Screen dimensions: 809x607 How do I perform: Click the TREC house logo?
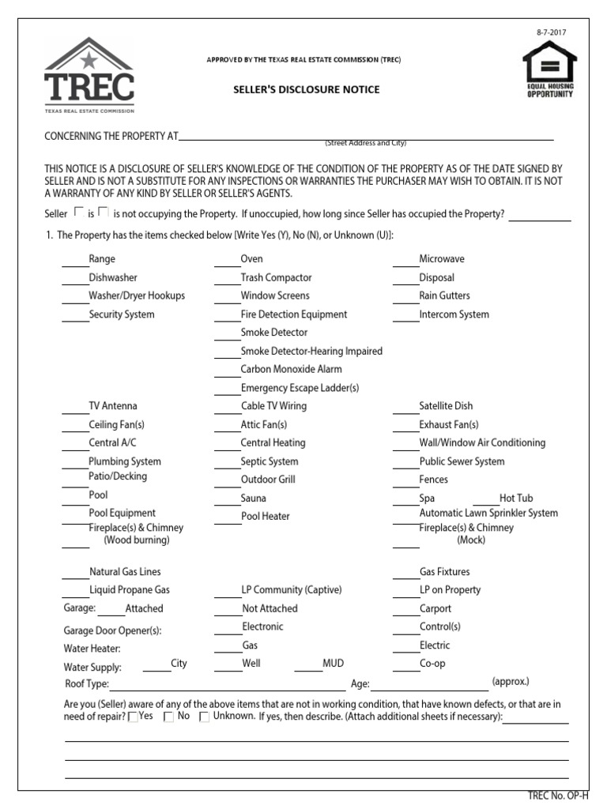point(89,76)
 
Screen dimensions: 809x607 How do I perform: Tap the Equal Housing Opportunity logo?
point(550,70)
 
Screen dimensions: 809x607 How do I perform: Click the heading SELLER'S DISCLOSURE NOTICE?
point(306,89)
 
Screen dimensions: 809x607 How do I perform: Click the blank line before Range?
point(75,260)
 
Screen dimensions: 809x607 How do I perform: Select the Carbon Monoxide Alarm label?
point(291,369)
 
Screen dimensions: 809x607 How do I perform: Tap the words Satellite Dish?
point(446,406)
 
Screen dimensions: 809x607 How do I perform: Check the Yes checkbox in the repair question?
point(133,717)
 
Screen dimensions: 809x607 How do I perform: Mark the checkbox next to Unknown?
point(204,717)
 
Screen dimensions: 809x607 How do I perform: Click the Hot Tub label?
point(516,499)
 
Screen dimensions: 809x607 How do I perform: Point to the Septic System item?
point(270,461)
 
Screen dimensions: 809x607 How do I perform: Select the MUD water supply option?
point(333,664)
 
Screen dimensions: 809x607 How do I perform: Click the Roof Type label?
point(87,684)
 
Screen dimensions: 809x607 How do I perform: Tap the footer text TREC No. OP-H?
point(558,796)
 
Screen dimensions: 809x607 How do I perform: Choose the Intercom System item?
point(454,314)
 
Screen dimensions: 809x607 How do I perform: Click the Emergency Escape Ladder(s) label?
point(300,388)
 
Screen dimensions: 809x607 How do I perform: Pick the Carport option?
point(435,609)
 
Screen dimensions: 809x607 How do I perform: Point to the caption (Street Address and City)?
point(365,143)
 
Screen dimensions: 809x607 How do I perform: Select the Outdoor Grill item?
point(268,480)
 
